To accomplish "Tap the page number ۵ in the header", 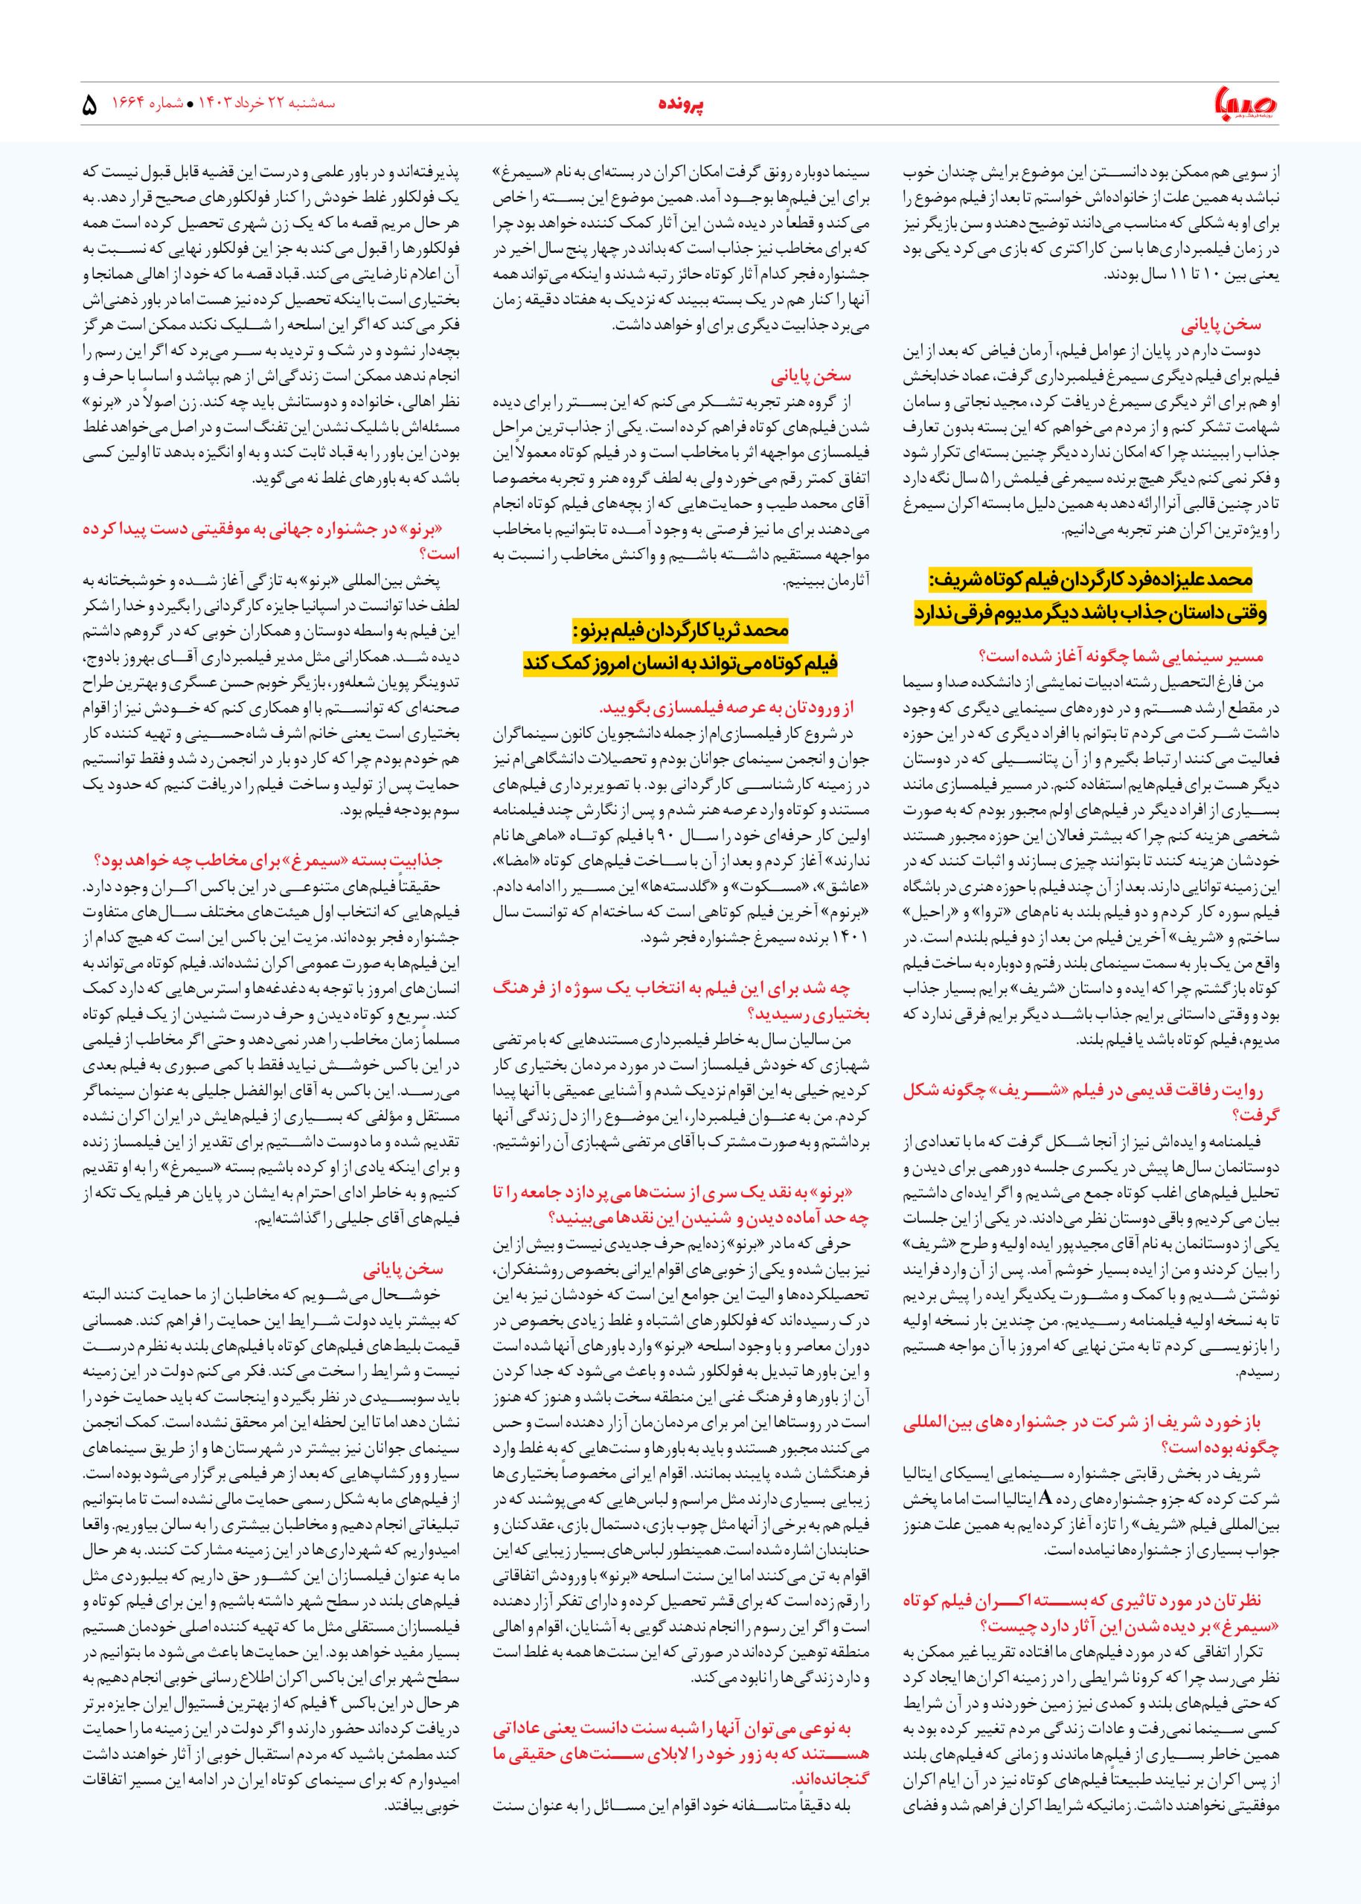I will pos(90,106).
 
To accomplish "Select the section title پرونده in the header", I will pos(680,105).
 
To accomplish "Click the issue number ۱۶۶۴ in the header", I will pos(130,105).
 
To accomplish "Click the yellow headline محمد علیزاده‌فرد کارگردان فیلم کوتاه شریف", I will pos(1090,579).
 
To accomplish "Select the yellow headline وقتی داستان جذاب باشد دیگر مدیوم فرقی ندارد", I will pos(1090,612).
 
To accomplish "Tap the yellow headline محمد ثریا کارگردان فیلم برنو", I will pos(680,629).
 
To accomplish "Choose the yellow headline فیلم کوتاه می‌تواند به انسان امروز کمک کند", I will pos(680,663).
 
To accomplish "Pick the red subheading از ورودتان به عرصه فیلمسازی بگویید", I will pos(726,709).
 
